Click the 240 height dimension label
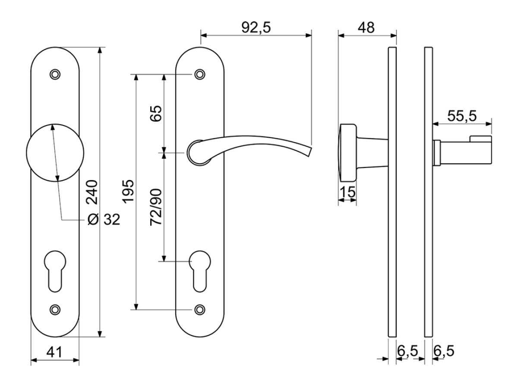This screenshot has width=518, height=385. coord(92,192)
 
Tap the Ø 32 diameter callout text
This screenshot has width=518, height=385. coord(104,219)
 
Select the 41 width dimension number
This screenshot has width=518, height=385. coord(54,352)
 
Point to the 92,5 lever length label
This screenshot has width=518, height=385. coord(256,28)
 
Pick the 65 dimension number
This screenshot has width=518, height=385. coord(156,114)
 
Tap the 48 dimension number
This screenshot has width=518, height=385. coord(366,28)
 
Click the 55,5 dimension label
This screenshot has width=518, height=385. coord(462,116)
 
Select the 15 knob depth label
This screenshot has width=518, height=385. coord(348,192)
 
